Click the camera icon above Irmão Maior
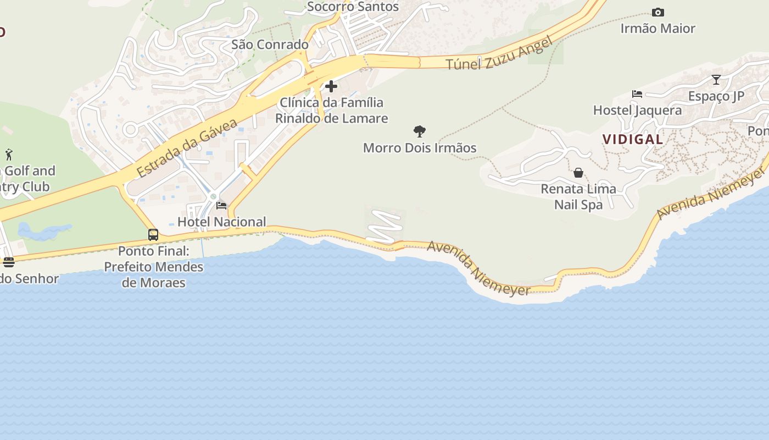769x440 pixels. [657, 12]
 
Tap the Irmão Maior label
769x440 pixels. [657, 28]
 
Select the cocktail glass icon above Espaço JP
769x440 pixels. [716, 80]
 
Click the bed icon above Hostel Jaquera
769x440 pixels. [637, 94]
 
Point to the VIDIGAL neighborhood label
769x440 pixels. [633, 139]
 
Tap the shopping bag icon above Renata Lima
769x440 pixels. [578, 173]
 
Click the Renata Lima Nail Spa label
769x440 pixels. [578, 197]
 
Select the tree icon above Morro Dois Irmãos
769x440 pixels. [420, 131]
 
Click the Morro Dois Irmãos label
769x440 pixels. [420, 148]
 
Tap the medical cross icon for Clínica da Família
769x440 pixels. [331, 86]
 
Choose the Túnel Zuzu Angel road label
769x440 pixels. [498, 54]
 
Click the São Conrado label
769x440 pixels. [270, 45]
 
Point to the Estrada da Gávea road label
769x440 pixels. [187, 147]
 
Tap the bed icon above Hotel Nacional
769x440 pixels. [221, 206]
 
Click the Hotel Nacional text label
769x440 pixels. [221, 222]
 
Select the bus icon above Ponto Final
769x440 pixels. [153, 235]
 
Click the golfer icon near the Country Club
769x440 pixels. [9, 155]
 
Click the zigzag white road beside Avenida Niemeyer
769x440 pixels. [384, 226]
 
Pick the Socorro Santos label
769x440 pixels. [353, 7]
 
